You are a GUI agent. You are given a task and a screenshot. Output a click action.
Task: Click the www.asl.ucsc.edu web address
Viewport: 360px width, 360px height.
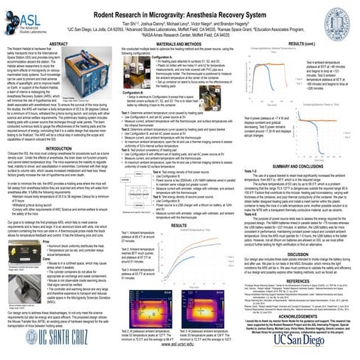pyautogui.click(x=180, y=354)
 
